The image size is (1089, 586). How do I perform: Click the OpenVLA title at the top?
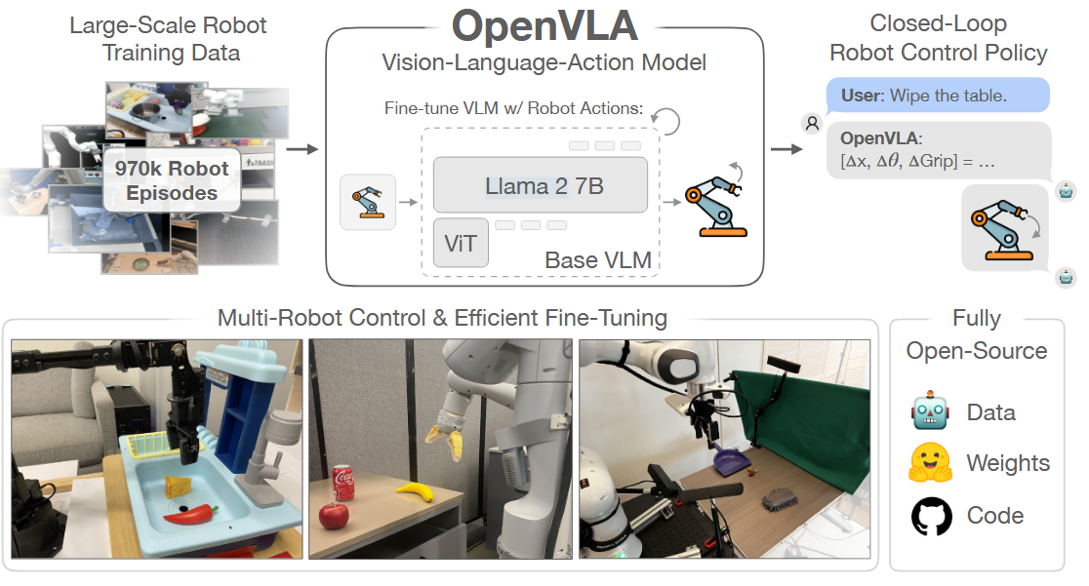pyautogui.click(x=544, y=26)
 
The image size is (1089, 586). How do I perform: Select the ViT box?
pyautogui.click(x=461, y=243)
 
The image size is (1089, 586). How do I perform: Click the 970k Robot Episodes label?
pyautogui.click(x=172, y=180)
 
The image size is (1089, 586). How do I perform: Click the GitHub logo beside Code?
pyautogui.click(x=931, y=516)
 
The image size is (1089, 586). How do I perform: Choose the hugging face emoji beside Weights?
pyautogui.click(x=931, y=463)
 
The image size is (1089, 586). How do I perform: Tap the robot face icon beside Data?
pyautogui.click(x=931, y=411)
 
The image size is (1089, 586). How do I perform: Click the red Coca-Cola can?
pyautogui.click(x=343, y=485)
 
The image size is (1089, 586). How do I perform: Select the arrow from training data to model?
pyautogui.click(x=305, y=149)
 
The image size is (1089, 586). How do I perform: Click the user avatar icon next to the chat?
pyautogui.click(x=811, y=123)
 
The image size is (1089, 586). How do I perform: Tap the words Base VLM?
pyautogui.click(x=597, y=259)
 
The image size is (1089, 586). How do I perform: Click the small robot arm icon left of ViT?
pyautogui.click(x=368, y=202)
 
